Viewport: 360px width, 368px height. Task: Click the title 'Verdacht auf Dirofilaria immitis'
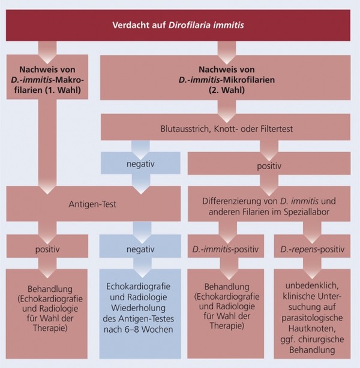180,25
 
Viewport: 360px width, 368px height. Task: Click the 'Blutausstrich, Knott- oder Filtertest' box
227,127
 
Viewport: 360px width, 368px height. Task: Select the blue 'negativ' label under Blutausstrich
139,163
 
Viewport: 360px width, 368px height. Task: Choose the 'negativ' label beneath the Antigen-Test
139,248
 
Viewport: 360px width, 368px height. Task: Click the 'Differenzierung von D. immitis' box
269,203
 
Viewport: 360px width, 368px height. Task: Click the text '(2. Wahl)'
227,90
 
